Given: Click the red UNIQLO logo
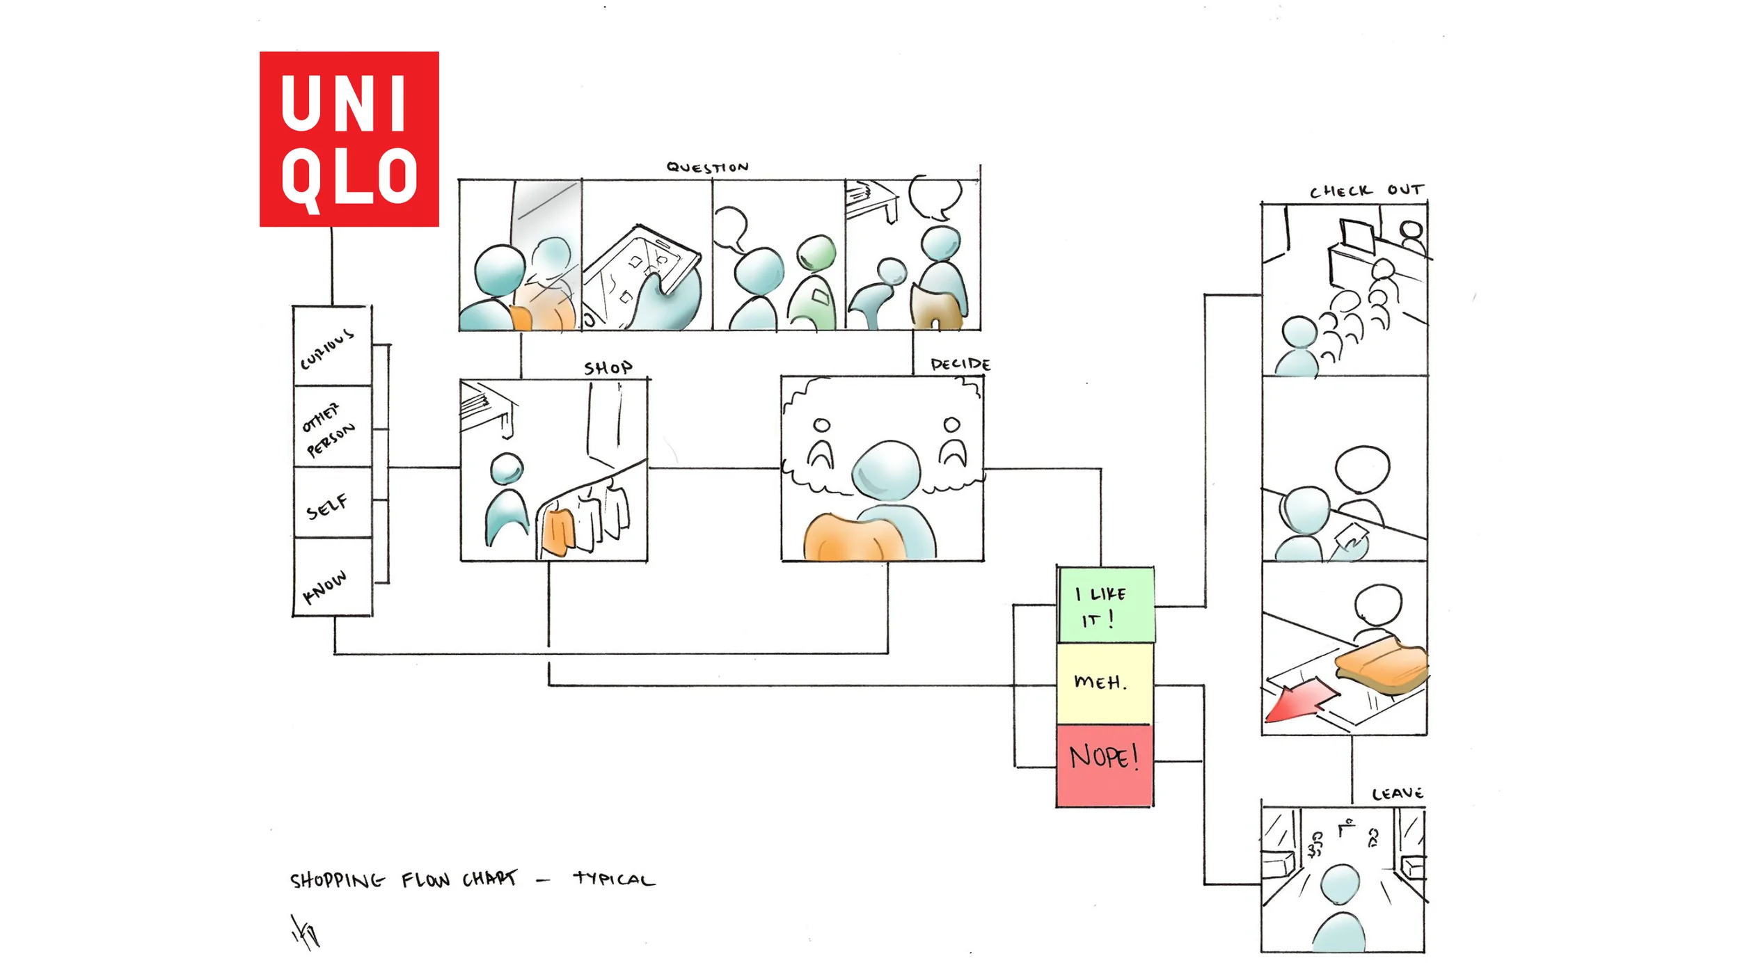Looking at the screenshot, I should coord(349,139).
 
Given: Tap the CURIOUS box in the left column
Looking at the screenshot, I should coord(332,347).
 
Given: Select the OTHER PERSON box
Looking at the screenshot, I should coord(332,427).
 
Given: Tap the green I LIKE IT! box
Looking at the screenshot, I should coord(1105,605).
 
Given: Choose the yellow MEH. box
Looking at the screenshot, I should coord(1105,683).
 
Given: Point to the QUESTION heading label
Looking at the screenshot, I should coord(707,167).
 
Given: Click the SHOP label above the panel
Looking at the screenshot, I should coord(608,367).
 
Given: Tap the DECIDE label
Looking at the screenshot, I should coord(960,365).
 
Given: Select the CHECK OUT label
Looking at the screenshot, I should coord(1366,191).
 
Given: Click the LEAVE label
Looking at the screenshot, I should coord(1397,794).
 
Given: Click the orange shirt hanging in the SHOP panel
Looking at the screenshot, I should coord(558,532).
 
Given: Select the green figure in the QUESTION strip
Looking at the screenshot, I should coord(814,285).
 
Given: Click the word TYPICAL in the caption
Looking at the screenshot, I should coord(614,879).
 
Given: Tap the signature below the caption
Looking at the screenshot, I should coord(305,932).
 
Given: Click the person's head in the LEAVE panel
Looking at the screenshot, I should coord(1340,884).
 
